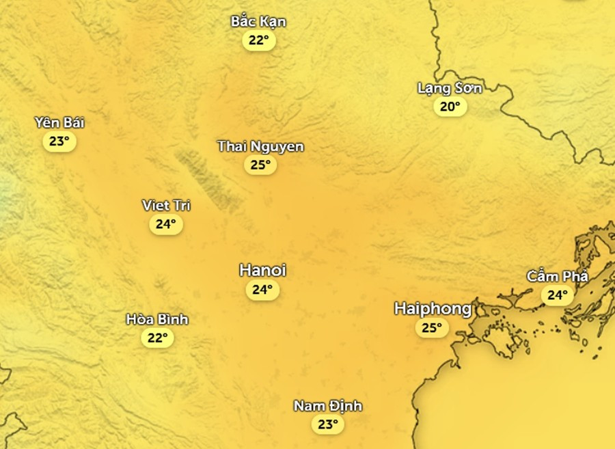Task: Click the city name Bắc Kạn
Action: pos(258,22)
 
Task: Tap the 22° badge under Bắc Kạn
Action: pos(259,40)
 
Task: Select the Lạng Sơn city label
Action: pos(450,88)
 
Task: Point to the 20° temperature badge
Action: pos(450,106)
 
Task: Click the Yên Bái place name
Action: pos(59,123)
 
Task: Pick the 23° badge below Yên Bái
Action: pos(59,141)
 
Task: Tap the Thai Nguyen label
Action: pos(260,146)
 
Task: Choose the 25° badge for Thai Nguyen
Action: pos(260,165)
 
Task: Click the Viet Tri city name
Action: pos(166,205)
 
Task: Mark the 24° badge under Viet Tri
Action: pos(166,223)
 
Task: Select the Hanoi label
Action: pos(262,271)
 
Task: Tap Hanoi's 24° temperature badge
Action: pos(262,290)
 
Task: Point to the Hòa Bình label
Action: pos(157,319)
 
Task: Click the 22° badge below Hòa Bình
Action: pos(157,338)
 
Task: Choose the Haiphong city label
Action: pos(433,309)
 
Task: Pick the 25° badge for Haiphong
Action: pos(433,328)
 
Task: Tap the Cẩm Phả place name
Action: pos(557,276)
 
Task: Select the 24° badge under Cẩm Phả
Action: pos(558,295)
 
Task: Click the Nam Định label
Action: pos(328,406)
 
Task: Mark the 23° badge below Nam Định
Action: pos(328,424)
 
